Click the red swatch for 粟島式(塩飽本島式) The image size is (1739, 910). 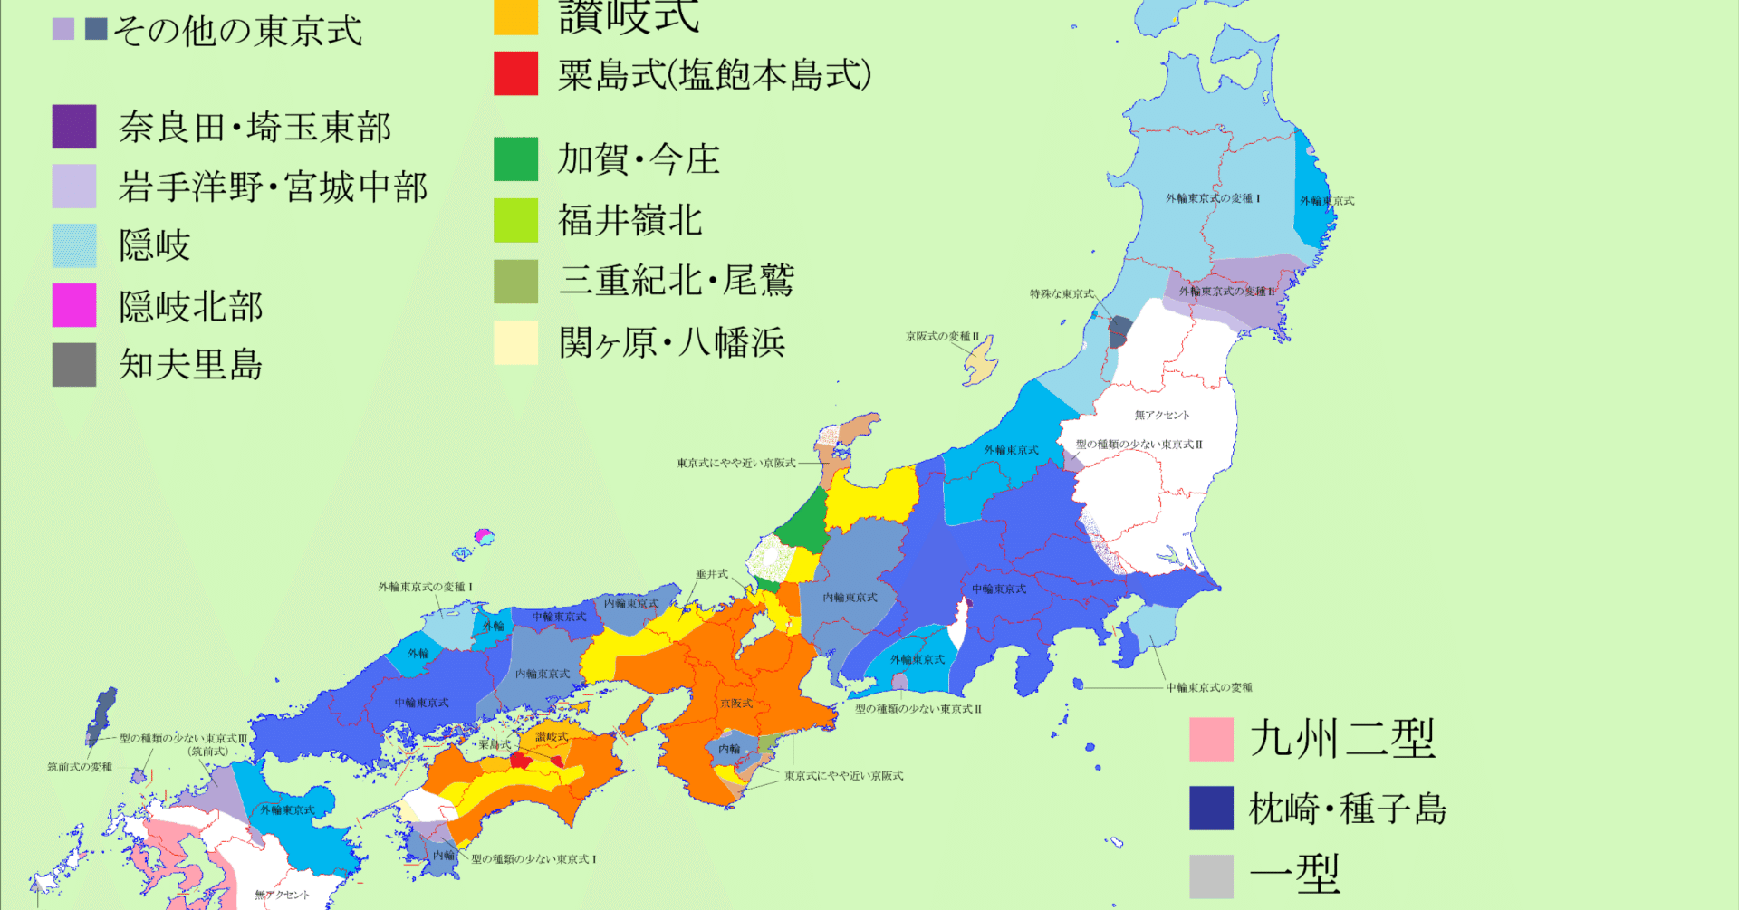[515, 73]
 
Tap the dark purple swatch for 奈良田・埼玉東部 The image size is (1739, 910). [74, 127]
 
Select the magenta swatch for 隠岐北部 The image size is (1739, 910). [74, 305]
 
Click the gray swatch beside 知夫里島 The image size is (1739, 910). [74, 365]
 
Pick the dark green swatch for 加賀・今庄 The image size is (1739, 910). [515, 159]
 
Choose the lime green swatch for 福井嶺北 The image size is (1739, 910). [515, 220]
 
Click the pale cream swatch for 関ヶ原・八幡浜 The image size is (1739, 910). [515, 343]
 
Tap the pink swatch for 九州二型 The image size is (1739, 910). [1211, 739]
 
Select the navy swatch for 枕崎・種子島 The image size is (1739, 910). [1211, 808]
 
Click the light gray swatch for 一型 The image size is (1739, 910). [1211, 876]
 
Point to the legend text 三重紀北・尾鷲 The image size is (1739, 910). [676, 281]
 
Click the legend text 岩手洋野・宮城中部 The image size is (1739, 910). [273, 187]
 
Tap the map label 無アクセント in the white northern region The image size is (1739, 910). [1162, 416]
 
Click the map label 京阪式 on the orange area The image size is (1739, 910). [735, 704]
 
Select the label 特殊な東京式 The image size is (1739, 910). [1062, 294]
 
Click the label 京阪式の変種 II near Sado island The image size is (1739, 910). [942, 337]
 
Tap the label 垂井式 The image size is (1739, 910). [712, 574]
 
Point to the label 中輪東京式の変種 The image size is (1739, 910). [1208, 688]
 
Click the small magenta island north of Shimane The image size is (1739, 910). [485, 535]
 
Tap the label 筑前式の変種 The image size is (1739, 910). [80, 767]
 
